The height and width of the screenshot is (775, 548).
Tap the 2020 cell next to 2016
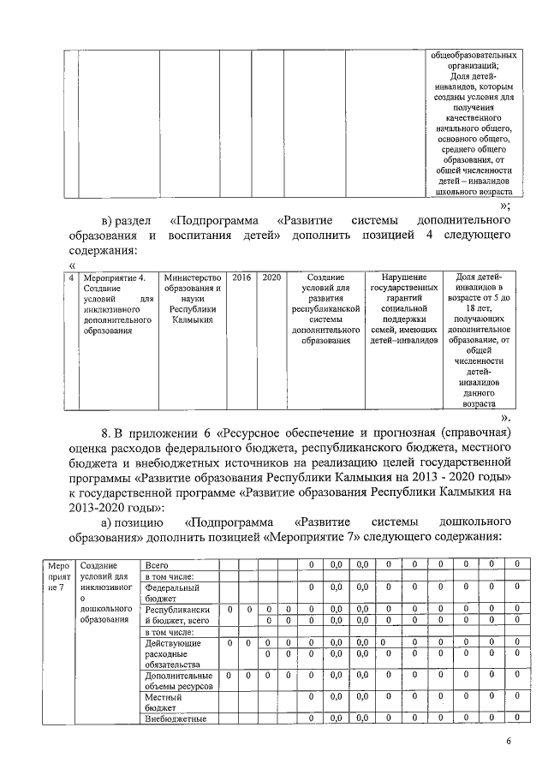271,278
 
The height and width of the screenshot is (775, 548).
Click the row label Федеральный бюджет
173,593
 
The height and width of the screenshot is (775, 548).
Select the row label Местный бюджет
164,703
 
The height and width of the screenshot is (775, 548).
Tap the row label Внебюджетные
178,718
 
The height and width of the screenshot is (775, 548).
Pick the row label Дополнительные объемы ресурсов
178,681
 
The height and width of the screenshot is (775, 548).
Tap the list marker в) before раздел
109,222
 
